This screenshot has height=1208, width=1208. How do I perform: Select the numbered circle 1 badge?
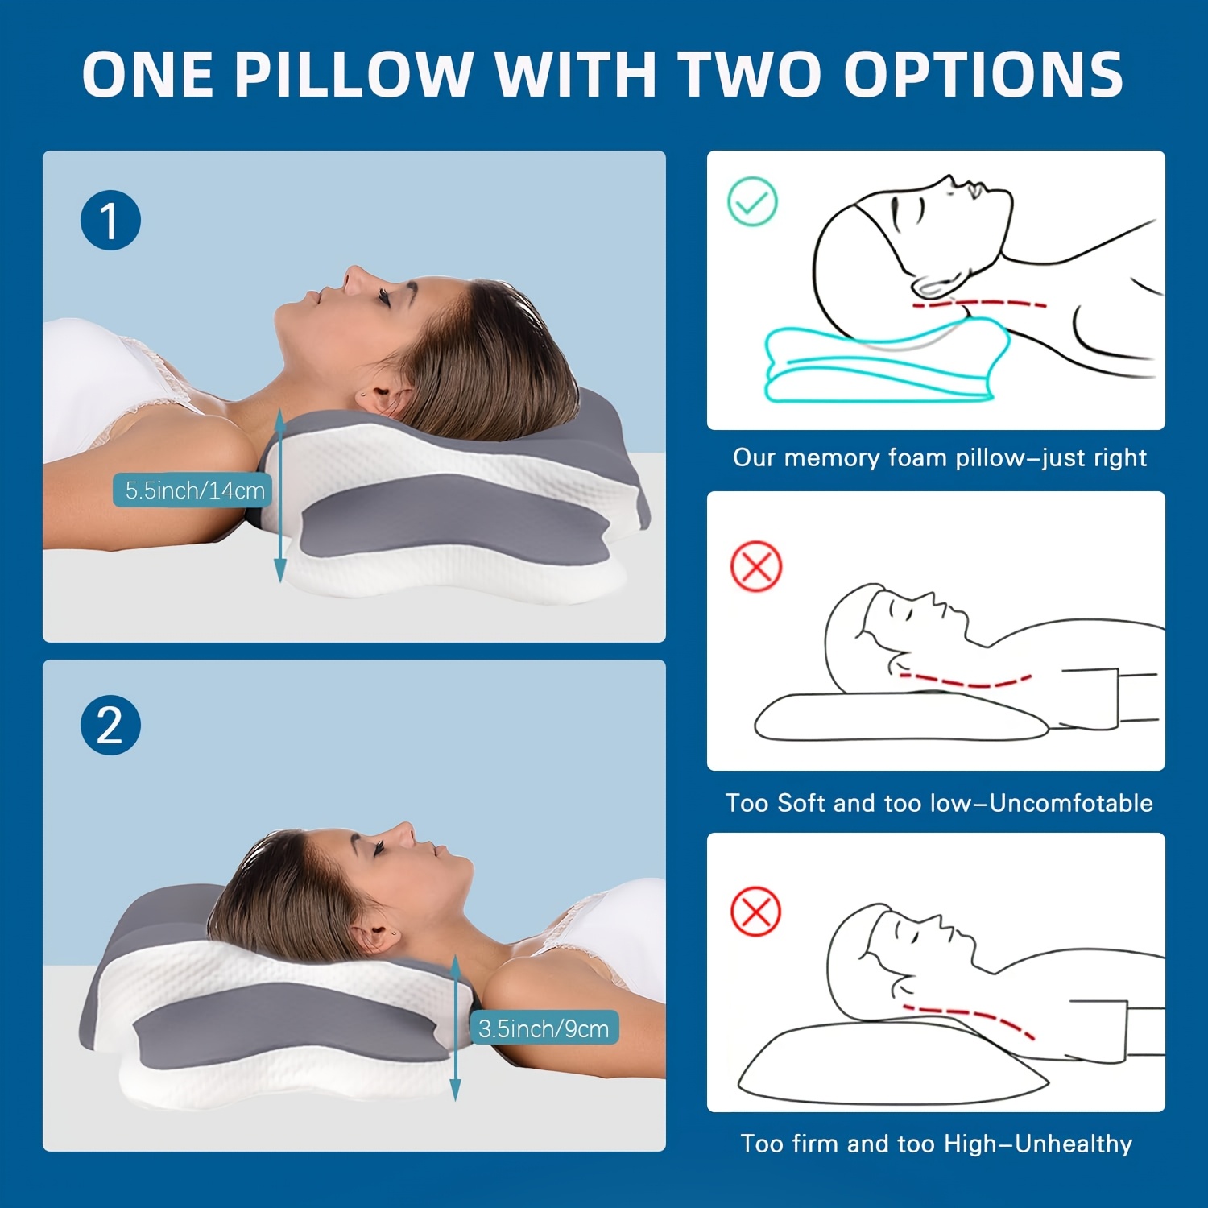pos(110,220)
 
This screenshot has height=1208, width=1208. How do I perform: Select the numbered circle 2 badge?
pos(110,725)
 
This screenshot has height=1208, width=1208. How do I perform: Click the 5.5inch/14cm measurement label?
pos(194,490)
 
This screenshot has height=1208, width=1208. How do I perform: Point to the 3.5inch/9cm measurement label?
pos(544,1028)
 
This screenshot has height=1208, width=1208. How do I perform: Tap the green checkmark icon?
pos(752,201)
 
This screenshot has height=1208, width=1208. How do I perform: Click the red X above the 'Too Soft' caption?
pos(756,566)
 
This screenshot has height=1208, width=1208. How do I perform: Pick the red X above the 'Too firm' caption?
pos(755,912)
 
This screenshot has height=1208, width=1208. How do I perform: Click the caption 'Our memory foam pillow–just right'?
pos(939,457)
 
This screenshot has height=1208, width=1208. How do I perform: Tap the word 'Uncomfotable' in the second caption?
pos(1071,802)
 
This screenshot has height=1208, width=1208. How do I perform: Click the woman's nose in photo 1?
pos(354,275)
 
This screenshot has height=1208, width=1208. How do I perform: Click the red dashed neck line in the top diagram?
pos(978,304)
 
